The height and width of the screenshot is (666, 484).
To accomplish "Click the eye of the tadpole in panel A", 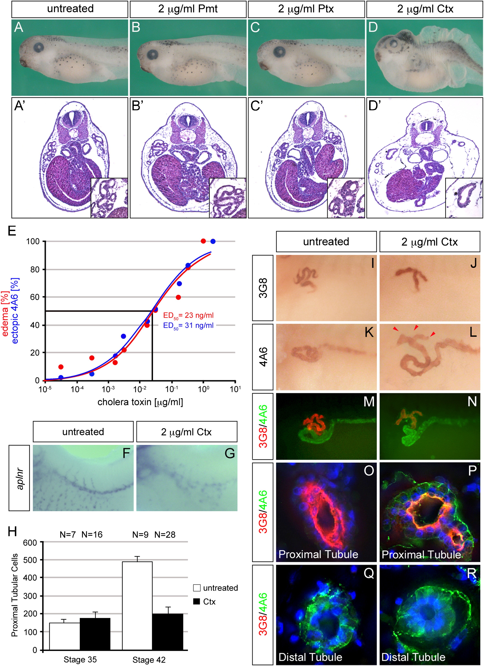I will point(39,48).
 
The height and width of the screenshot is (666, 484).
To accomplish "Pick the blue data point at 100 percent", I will point(213,241).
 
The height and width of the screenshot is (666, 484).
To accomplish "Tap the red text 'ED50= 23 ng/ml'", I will point(188,315).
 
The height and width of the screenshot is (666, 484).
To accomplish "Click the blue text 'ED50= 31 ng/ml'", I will point(188,325).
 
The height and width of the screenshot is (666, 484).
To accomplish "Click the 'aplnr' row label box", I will point(19,478).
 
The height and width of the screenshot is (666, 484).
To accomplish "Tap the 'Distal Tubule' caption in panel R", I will point(413,657).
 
